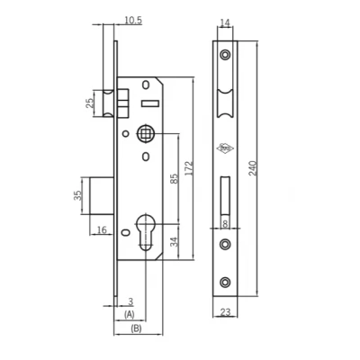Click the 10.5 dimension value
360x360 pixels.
pyautogui.click(x=133, y=21)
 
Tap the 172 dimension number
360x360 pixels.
pyautogui.click(x=188, y=168)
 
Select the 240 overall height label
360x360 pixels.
pyautogui.click(x=253, y=168)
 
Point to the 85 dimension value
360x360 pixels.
pyautogui.click(x=175, y=178)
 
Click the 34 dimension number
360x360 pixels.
pyautogui.click(x=175, y=242)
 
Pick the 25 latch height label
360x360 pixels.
pyautogui.click(x=90, y=103)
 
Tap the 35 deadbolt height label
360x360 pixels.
pyautogui.click(x=77, y=195)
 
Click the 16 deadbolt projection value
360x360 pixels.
pyautogui.click(x=102, y=229)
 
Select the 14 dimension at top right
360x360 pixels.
pyautogui.click(x=224, y=22)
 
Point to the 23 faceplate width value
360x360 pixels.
pyautogui.click(x=225, y=312)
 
